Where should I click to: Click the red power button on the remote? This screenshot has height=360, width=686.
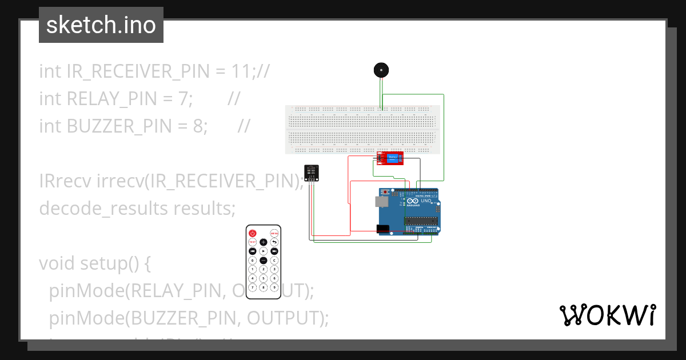tap(252, 233)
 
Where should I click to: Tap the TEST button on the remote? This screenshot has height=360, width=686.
tap(252, 242)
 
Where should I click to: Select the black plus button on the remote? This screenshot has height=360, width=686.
tap(264, 242)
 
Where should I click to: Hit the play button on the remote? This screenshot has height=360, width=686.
tap(264, 251)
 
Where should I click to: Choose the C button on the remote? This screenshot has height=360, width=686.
tap(274, 260)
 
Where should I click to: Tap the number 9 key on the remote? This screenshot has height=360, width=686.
tap(274, 287)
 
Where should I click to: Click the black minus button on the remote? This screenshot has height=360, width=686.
tap(264, 260)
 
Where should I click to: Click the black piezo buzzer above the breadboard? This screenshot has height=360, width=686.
tap(381, 70)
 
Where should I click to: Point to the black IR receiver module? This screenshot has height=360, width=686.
tap(312, 172)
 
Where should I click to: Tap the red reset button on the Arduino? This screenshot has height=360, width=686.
tap(386, 191)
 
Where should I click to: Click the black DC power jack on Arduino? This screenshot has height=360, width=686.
tap(383, 229)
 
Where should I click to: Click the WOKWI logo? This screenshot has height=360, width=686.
tap(607, 315)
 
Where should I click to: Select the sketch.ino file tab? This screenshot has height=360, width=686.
tap(101, 25)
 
